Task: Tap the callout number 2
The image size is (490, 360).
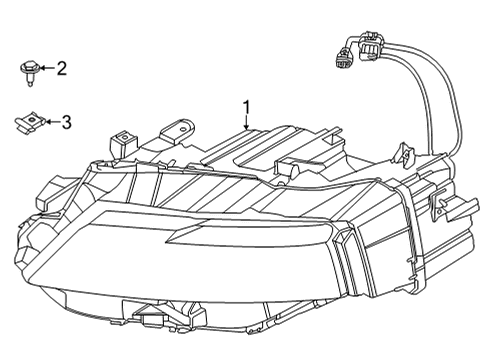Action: point(62,68)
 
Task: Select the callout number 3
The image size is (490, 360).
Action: point(66,122)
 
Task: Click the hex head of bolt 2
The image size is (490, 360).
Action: point(28,67)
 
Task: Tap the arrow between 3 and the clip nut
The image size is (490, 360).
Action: point(50,122)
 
